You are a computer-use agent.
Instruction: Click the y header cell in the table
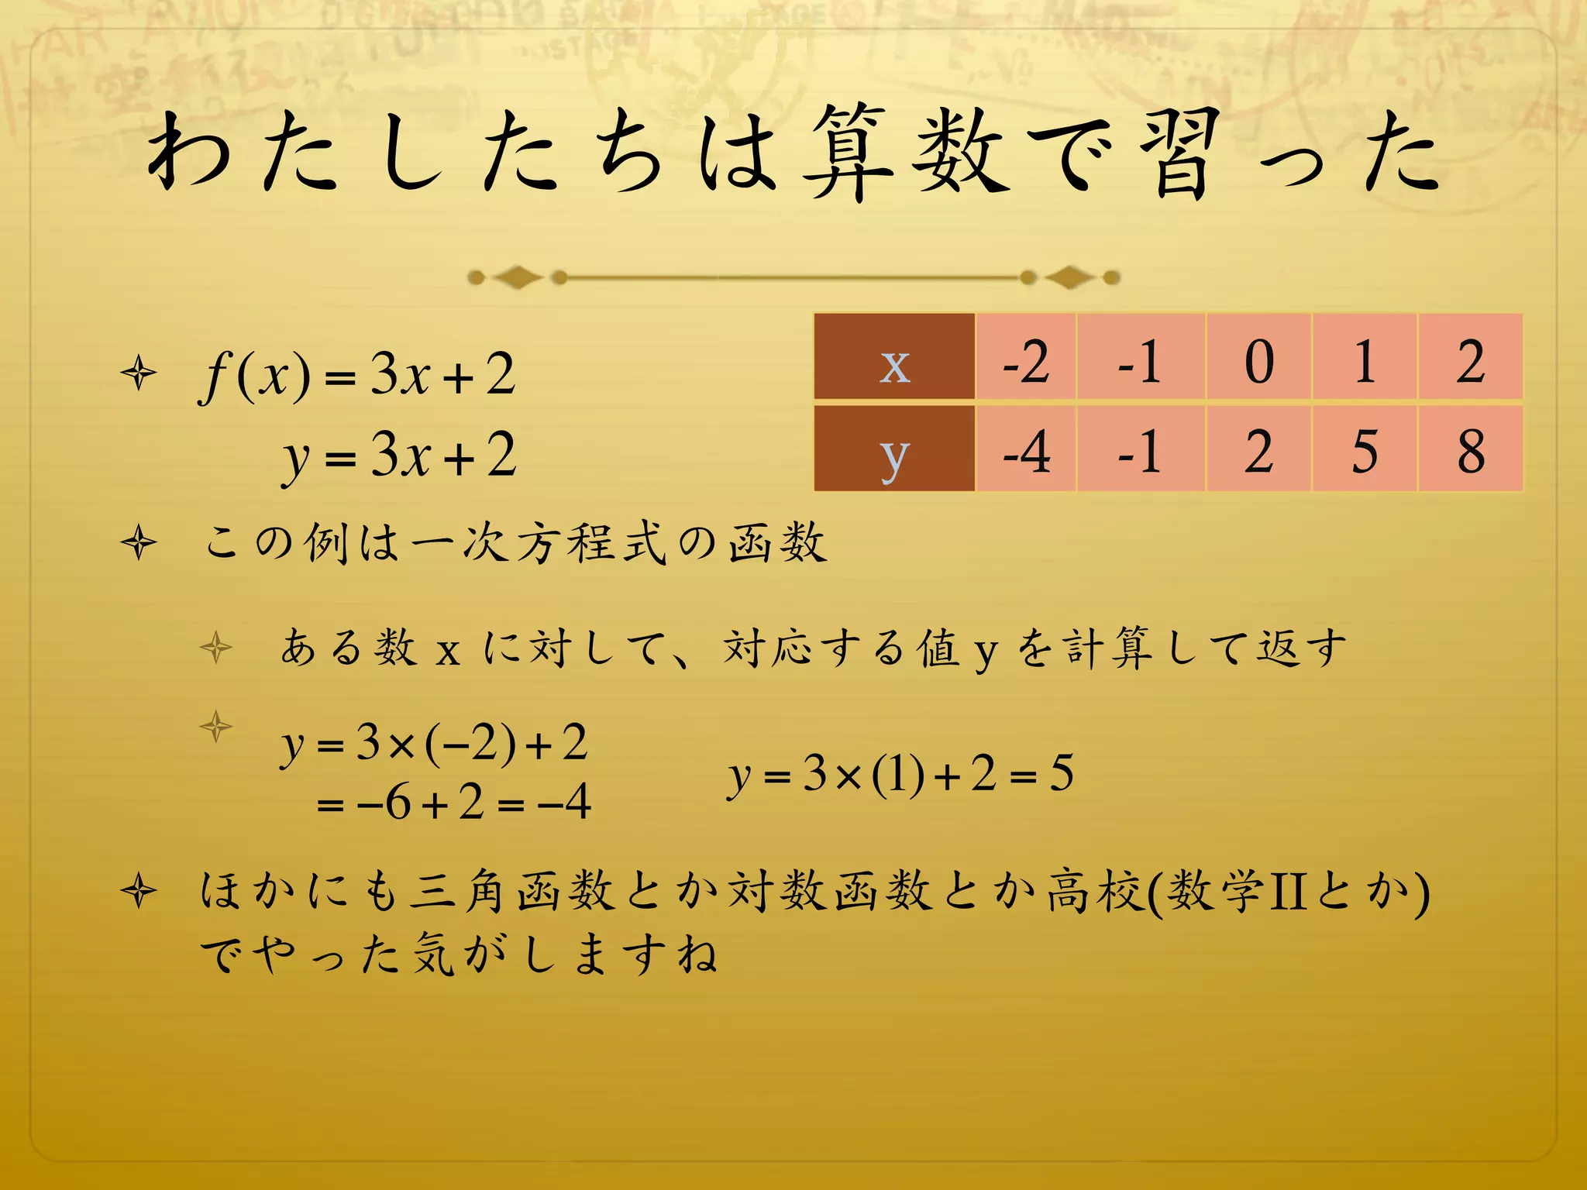pyautogui.click(x=894, y=449)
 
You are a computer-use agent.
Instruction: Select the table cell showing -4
pyautogui.click(x=1026, y=449)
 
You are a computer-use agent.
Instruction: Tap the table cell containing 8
pyautogui.click(x=1470, y=449)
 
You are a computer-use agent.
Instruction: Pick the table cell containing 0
pyautogui.click(x=1258, y=359)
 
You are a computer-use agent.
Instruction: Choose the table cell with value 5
pyautogui.click(x=1365, y=449)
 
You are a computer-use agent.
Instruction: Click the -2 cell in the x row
pyautogui.click(x=1026, y=359)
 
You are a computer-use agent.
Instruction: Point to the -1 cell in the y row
pyautogui.click(x=1140, y=449)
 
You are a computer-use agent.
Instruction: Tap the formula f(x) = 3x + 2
pyautogui.click(x=357, y=375)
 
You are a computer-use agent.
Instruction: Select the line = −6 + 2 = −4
pyautogui.click(x=454, y=803)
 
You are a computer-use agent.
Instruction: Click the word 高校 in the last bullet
pyautogui.click(x=1096, y=890)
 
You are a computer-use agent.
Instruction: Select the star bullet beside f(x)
pyautogui.click(x=139, y=373)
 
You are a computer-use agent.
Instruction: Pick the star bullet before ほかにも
pyautogui.click(x=139, y=890)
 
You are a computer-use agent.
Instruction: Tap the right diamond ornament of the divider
pyautogui.click(x=1070, y=277)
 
